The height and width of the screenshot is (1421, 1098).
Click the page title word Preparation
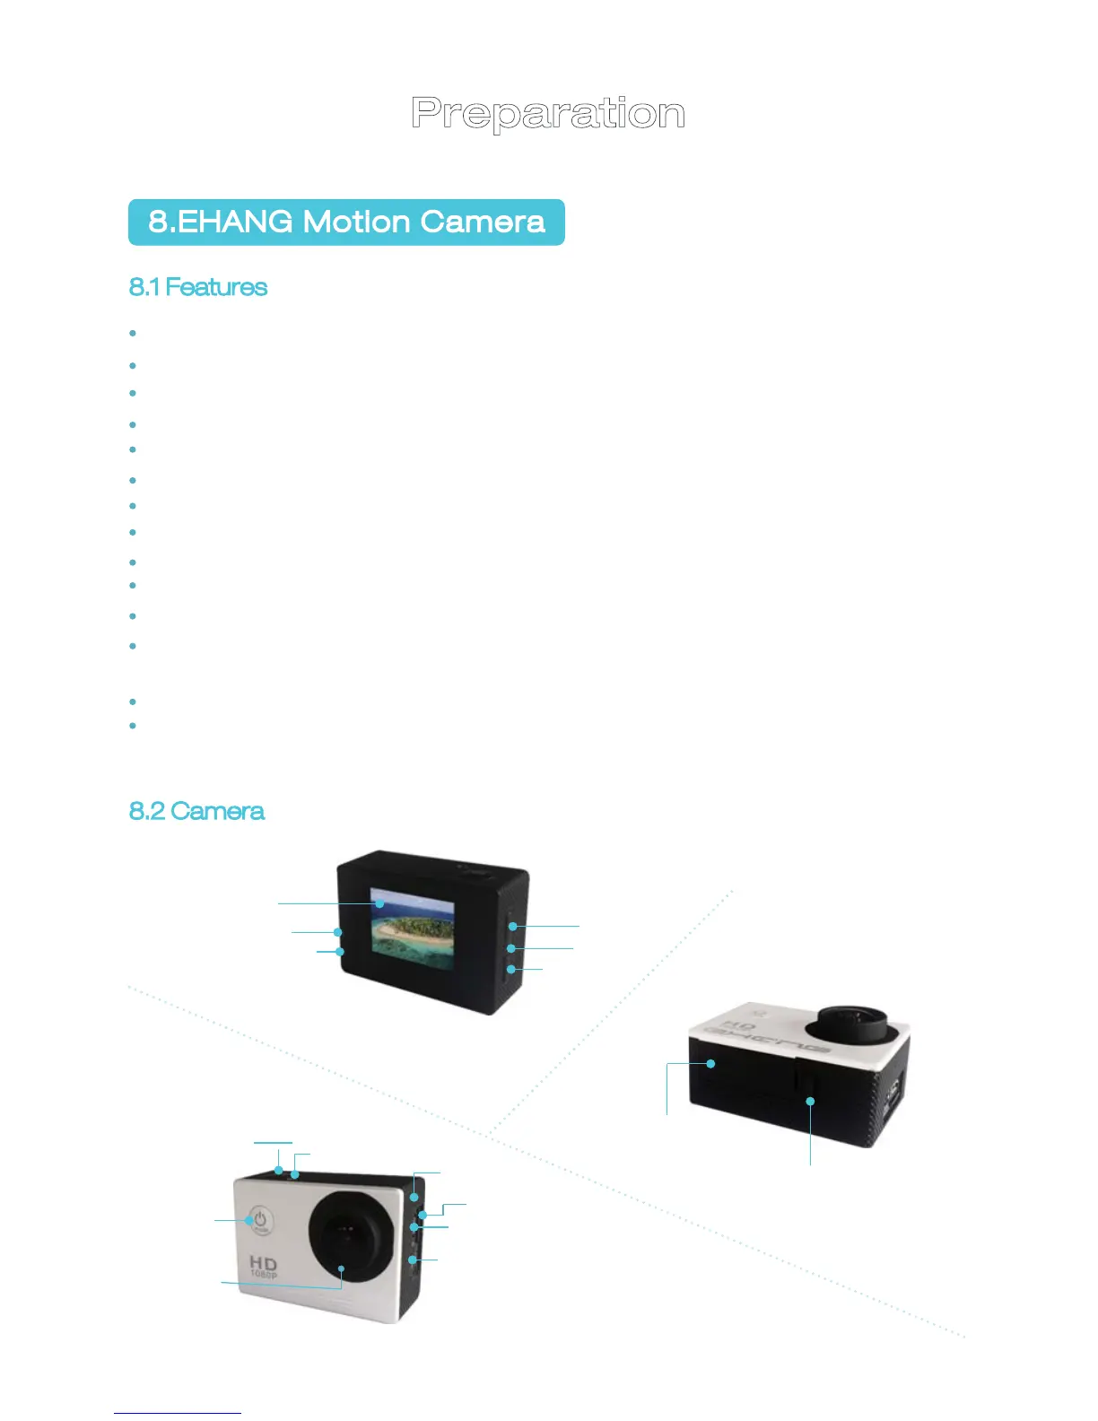548,114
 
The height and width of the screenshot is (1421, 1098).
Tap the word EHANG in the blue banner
234,222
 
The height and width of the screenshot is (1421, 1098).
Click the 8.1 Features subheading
198,287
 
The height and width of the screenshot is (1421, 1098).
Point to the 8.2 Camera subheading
196,811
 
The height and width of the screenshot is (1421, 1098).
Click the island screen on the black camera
414,933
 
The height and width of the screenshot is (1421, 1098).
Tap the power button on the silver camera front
260,1221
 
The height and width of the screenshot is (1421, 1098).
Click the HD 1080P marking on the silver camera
264,1267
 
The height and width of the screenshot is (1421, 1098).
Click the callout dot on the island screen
379,903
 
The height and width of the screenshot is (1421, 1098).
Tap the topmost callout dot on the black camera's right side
512,926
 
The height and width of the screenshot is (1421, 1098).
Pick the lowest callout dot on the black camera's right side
510,969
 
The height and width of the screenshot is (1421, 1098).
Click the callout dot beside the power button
248,1220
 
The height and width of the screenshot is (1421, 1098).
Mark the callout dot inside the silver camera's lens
341,1269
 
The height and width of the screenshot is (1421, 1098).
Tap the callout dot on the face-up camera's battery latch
810,1101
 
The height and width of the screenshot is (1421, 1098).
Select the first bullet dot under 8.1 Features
133,333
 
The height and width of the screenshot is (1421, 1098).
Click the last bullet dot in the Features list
133,725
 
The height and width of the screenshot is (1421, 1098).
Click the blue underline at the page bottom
178,1413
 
